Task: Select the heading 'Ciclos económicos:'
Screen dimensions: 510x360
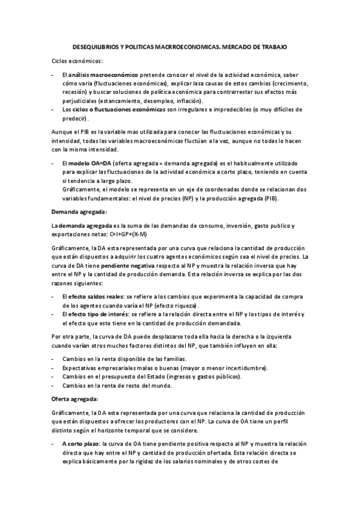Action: click(77, 61)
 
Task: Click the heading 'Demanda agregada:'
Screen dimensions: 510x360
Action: click(79, 212)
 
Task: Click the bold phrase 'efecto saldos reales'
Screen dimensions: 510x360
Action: click(96, 297)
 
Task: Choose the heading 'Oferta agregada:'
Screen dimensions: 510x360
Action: click(75, 399)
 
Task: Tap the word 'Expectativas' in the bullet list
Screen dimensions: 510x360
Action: click(82, 367)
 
